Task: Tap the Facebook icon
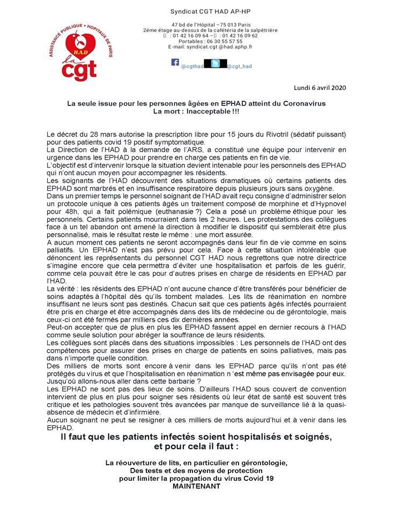click(175, 62)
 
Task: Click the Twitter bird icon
click(215, 64)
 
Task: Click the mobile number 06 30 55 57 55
click(221, 41)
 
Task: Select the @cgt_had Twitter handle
click(239, 66)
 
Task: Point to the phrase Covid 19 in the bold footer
click(257, 479)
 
